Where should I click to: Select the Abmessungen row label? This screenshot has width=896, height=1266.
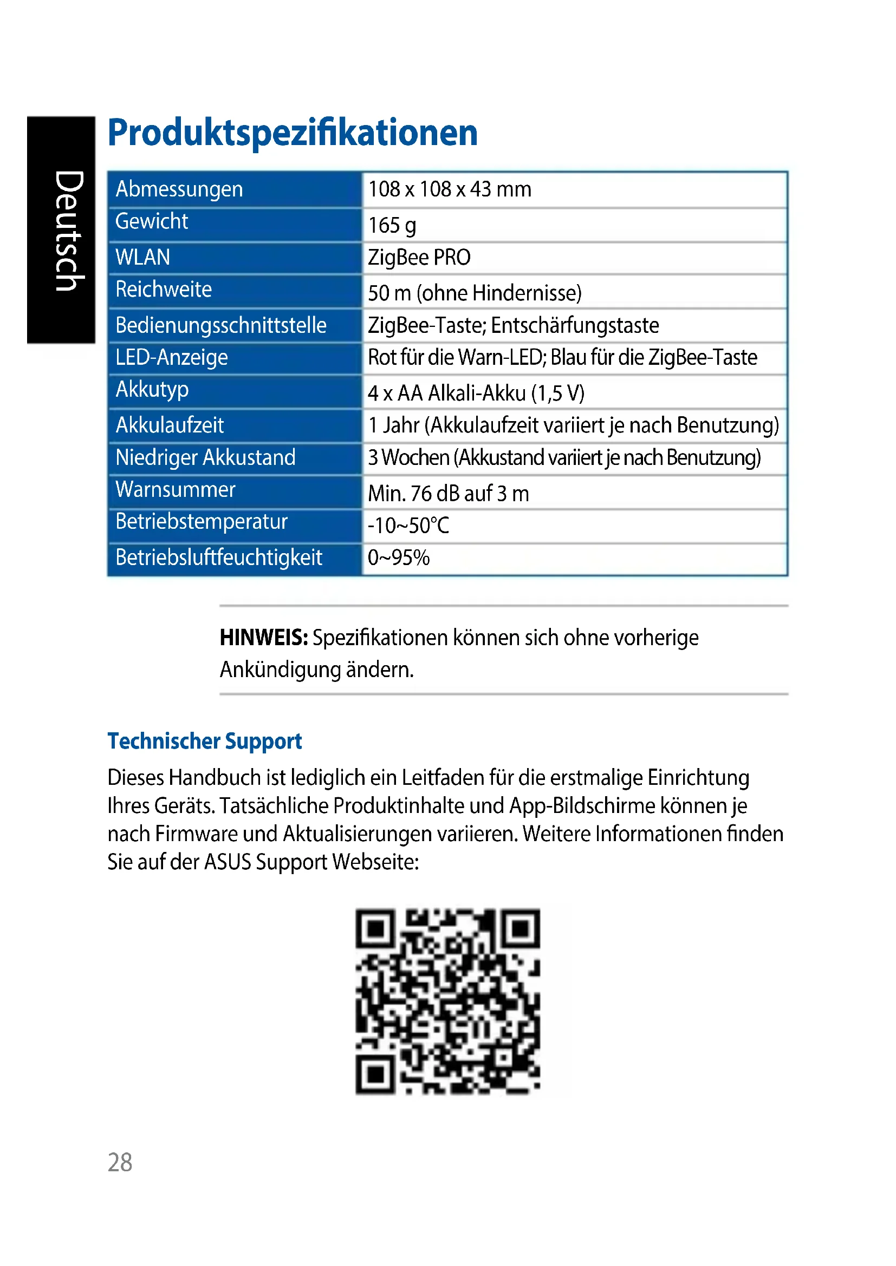pyautogui.click(x=179, y=189)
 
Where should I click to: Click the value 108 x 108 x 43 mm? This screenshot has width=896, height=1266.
pyautogui.click(x=449, y=189)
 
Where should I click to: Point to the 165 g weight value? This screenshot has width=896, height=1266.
pyautogui.click(x=392, y=225)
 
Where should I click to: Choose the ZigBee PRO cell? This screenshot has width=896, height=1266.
pyautogui.click(x=419, y=258)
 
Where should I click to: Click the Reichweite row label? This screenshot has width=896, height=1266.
pyautogui.click(x=163, y=289)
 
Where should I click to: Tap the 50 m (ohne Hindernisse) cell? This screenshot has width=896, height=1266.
pyautogui.click(x=475, y=293)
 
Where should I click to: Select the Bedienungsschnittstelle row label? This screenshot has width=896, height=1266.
pyautogui.click(x=220, y=325)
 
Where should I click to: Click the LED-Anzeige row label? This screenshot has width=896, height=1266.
pyautogui.click(x=171, y=357)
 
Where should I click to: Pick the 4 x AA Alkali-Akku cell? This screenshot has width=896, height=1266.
pyautogui.click(x=476, y=393)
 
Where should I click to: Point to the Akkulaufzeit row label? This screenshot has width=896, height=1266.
pyautogui.click(x=170, y=425)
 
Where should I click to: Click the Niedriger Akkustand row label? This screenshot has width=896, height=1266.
pyautogui.click(x=205, y=458)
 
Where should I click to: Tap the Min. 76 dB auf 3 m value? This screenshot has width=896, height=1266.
pyautogui.click(x=448, y=494)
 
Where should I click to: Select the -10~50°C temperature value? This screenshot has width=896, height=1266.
pyautogui.click(x=408, y=526)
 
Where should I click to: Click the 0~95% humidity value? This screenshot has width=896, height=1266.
pyautogui.click(x=398, y=557)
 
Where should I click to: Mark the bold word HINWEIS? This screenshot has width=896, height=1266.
pyautogui.click(x=263, y=638)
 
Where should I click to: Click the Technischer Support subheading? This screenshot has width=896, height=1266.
pyautogui.click(x=205, y=741)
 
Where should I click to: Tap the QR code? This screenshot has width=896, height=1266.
pyautogui.click(x=447, y=1001)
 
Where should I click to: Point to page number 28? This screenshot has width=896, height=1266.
pyautogui.click(x=120, y=1162)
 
